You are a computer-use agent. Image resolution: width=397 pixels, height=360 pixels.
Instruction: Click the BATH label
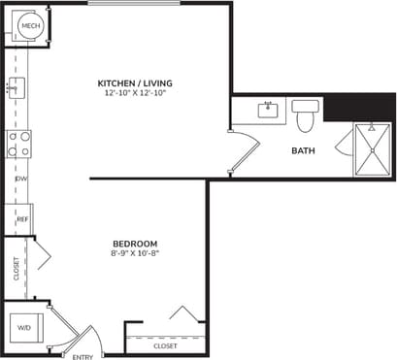303,150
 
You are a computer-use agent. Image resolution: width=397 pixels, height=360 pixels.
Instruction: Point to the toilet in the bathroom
305,115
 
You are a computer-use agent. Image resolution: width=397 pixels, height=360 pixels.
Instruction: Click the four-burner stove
18,145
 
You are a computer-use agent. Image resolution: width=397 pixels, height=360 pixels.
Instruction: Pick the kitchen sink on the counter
15,87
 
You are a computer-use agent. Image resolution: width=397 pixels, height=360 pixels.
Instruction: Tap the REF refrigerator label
21,219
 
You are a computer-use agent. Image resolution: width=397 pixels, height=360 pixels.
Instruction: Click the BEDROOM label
134,243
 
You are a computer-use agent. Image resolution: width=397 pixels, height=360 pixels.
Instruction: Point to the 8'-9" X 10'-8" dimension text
134,253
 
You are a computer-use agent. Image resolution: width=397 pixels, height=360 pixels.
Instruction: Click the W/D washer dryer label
24,327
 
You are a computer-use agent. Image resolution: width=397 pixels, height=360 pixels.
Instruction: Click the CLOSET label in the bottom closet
166,345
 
